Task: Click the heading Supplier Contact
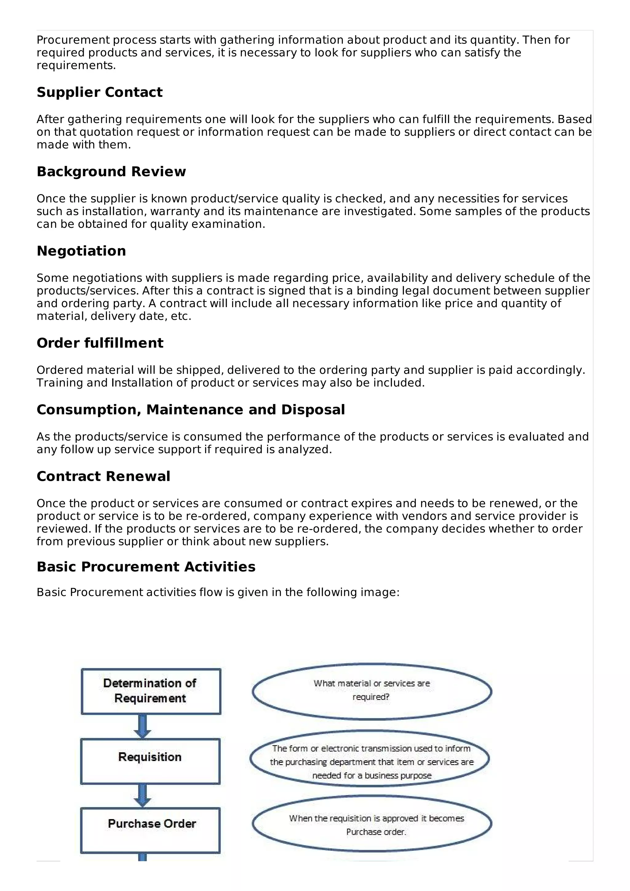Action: [99, 92]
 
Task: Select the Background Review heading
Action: [111, 172]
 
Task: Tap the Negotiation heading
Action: [81, 251]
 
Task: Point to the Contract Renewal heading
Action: [103, 476]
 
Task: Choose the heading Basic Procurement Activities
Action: [146, 567]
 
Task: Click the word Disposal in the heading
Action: [313, 410]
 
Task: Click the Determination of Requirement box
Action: [151, 691]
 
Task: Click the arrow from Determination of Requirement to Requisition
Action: [142, 726]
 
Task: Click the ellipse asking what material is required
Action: [372, 691]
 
